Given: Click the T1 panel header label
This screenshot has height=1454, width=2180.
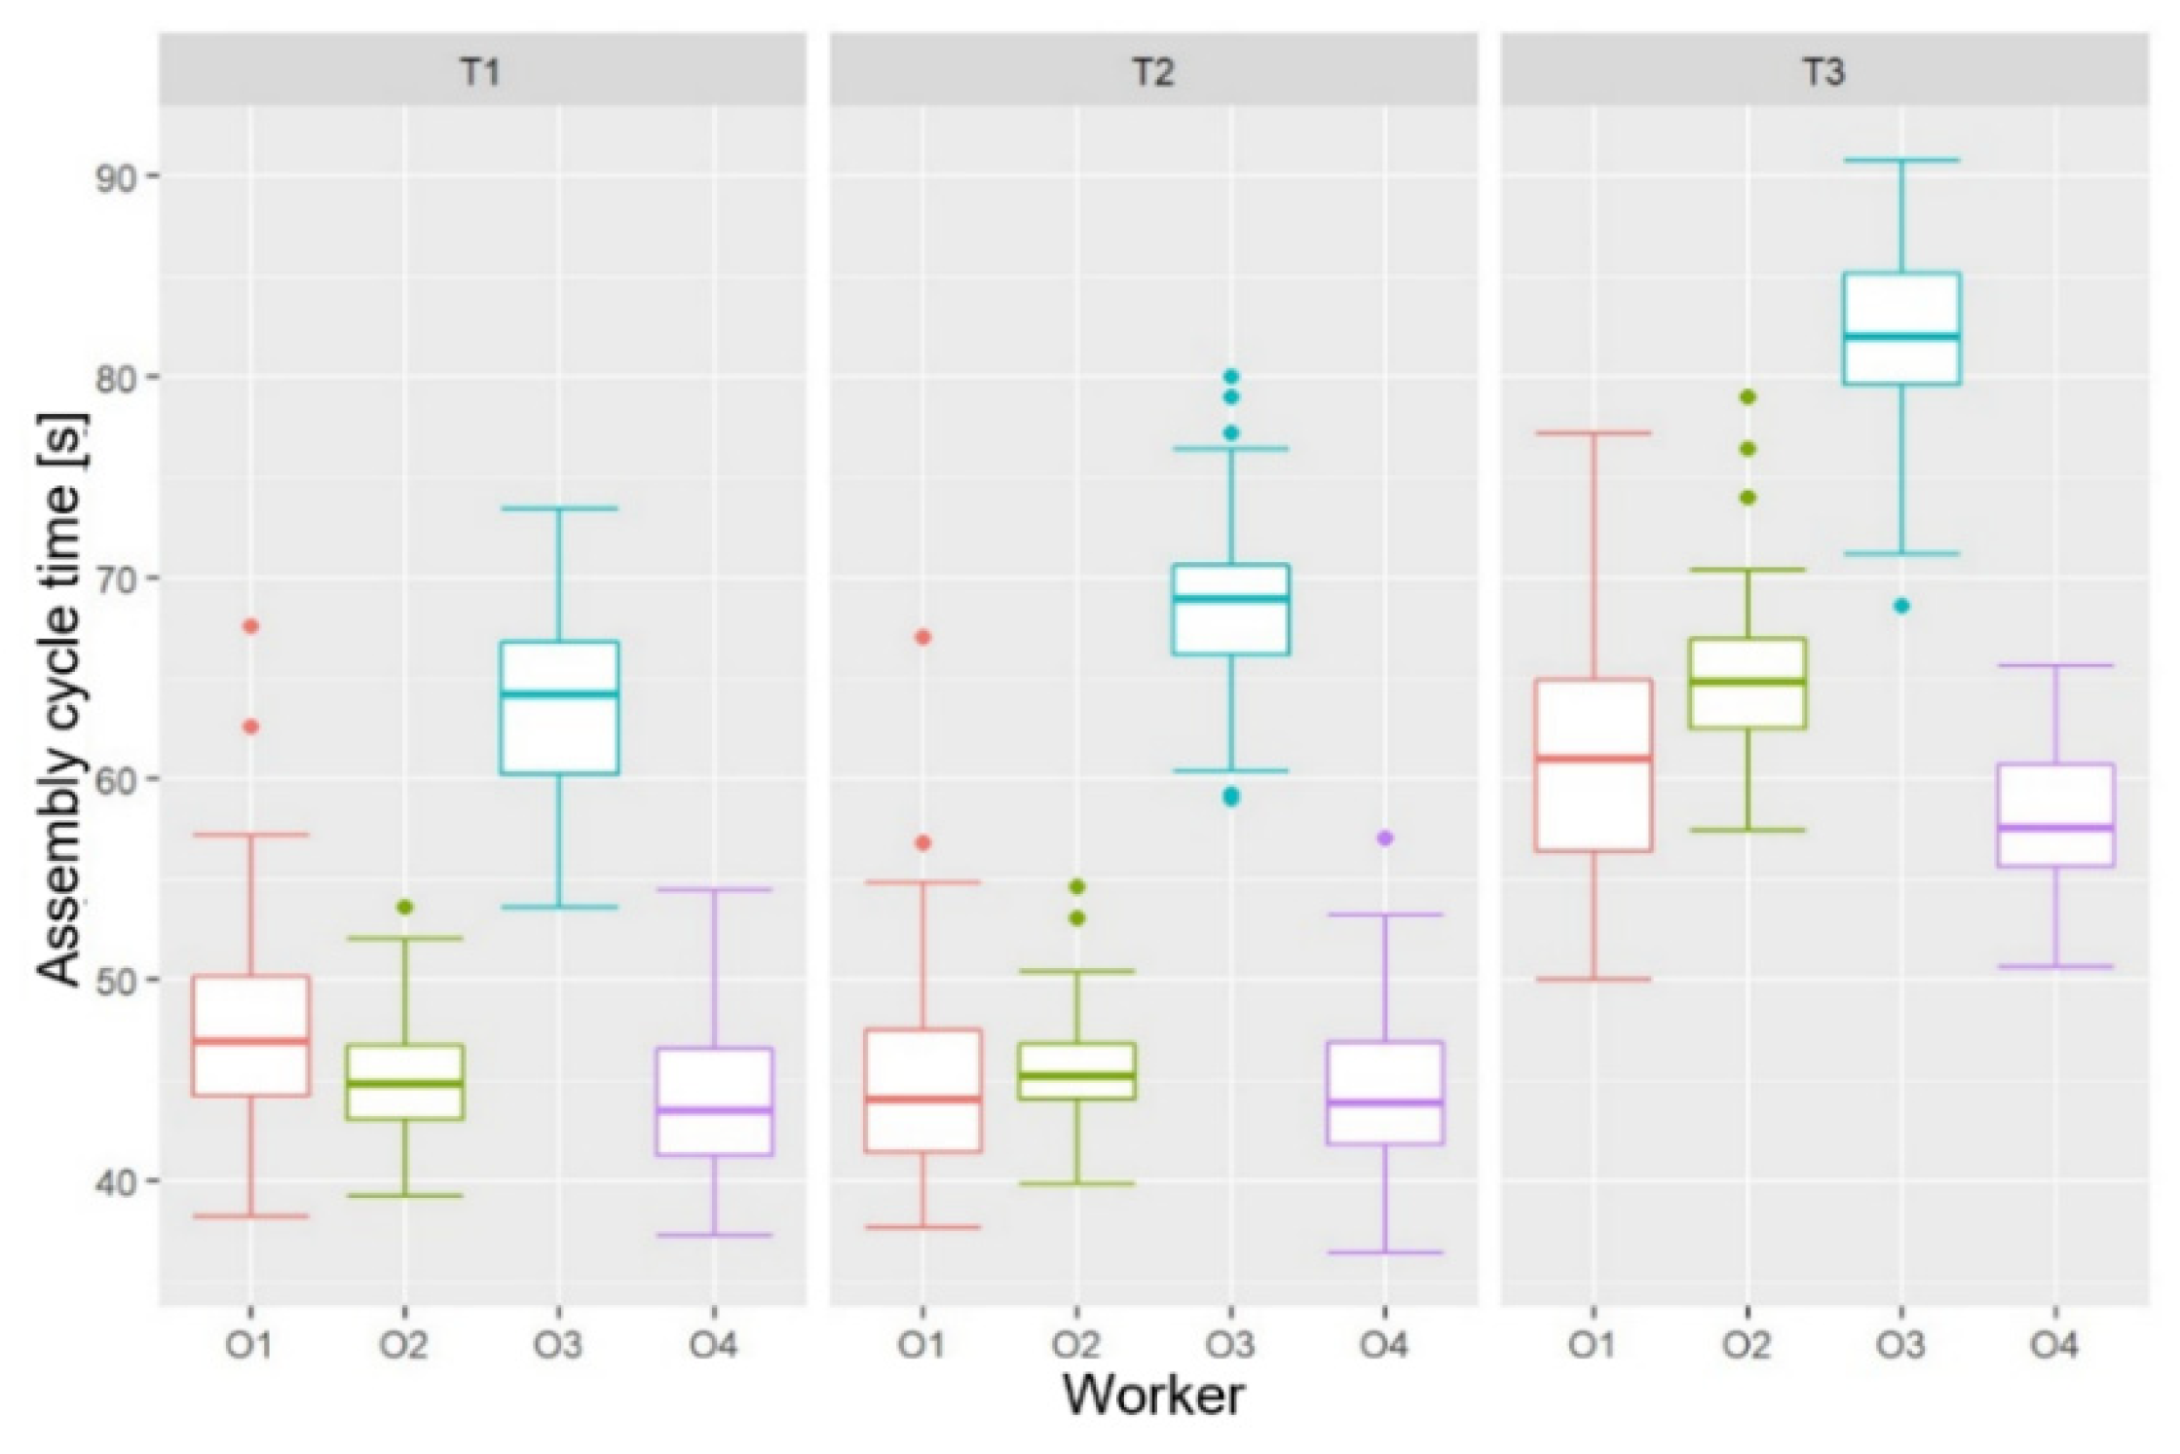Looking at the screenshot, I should (481, 72).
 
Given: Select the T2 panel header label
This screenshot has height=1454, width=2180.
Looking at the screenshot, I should (1153, 72).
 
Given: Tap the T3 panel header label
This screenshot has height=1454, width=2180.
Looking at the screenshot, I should (1823, 72).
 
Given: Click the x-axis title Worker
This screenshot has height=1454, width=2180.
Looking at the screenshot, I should (1153, 1395).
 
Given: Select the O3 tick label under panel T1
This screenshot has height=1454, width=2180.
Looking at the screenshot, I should (558, 1346).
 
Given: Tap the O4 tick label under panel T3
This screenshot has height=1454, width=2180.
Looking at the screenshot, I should (2054, 1346).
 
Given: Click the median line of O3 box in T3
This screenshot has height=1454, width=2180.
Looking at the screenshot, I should (1900, 337).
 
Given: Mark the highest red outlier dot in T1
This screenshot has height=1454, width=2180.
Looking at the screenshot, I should (251, 626).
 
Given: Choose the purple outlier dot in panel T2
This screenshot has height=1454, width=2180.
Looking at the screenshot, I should (1384, 839).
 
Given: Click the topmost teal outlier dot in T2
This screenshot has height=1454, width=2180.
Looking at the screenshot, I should (1231, 376).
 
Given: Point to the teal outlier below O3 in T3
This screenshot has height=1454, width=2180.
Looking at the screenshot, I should (1900, 606).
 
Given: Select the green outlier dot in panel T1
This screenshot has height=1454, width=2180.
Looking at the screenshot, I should (405, 908).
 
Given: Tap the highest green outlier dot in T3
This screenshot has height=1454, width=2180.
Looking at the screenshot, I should (1748, 396).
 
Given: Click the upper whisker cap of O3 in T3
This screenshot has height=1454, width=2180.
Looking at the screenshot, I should (1900, 160).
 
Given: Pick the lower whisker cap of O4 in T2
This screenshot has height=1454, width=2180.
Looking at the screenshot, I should (1384, 1252).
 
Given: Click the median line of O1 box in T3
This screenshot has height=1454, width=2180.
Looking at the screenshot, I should (1594, 758).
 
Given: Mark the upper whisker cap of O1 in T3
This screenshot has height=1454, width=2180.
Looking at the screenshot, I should (1594, 432).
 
